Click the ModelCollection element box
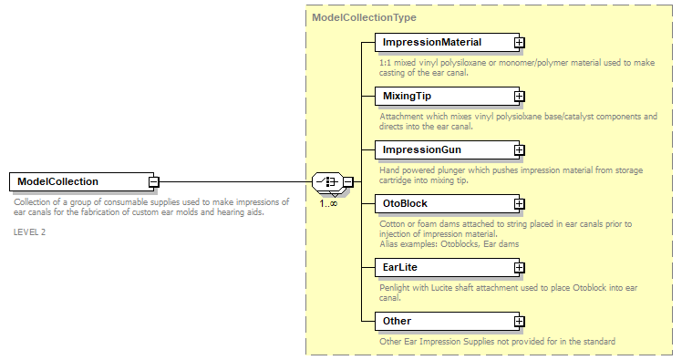click(x=77, y=181)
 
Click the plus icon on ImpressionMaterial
click(x=519, y=42)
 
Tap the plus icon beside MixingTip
click(x=519, y=95)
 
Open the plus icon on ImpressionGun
click(x=519, y=149)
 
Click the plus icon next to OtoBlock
click(x=519, y=203)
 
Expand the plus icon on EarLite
click(x=519, y=267)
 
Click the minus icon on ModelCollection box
click(x=154, y=181)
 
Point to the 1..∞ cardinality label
click(x=329, y=203)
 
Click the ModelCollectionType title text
click(x=365, y=17)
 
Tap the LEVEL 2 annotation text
click(x=31, y=231)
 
